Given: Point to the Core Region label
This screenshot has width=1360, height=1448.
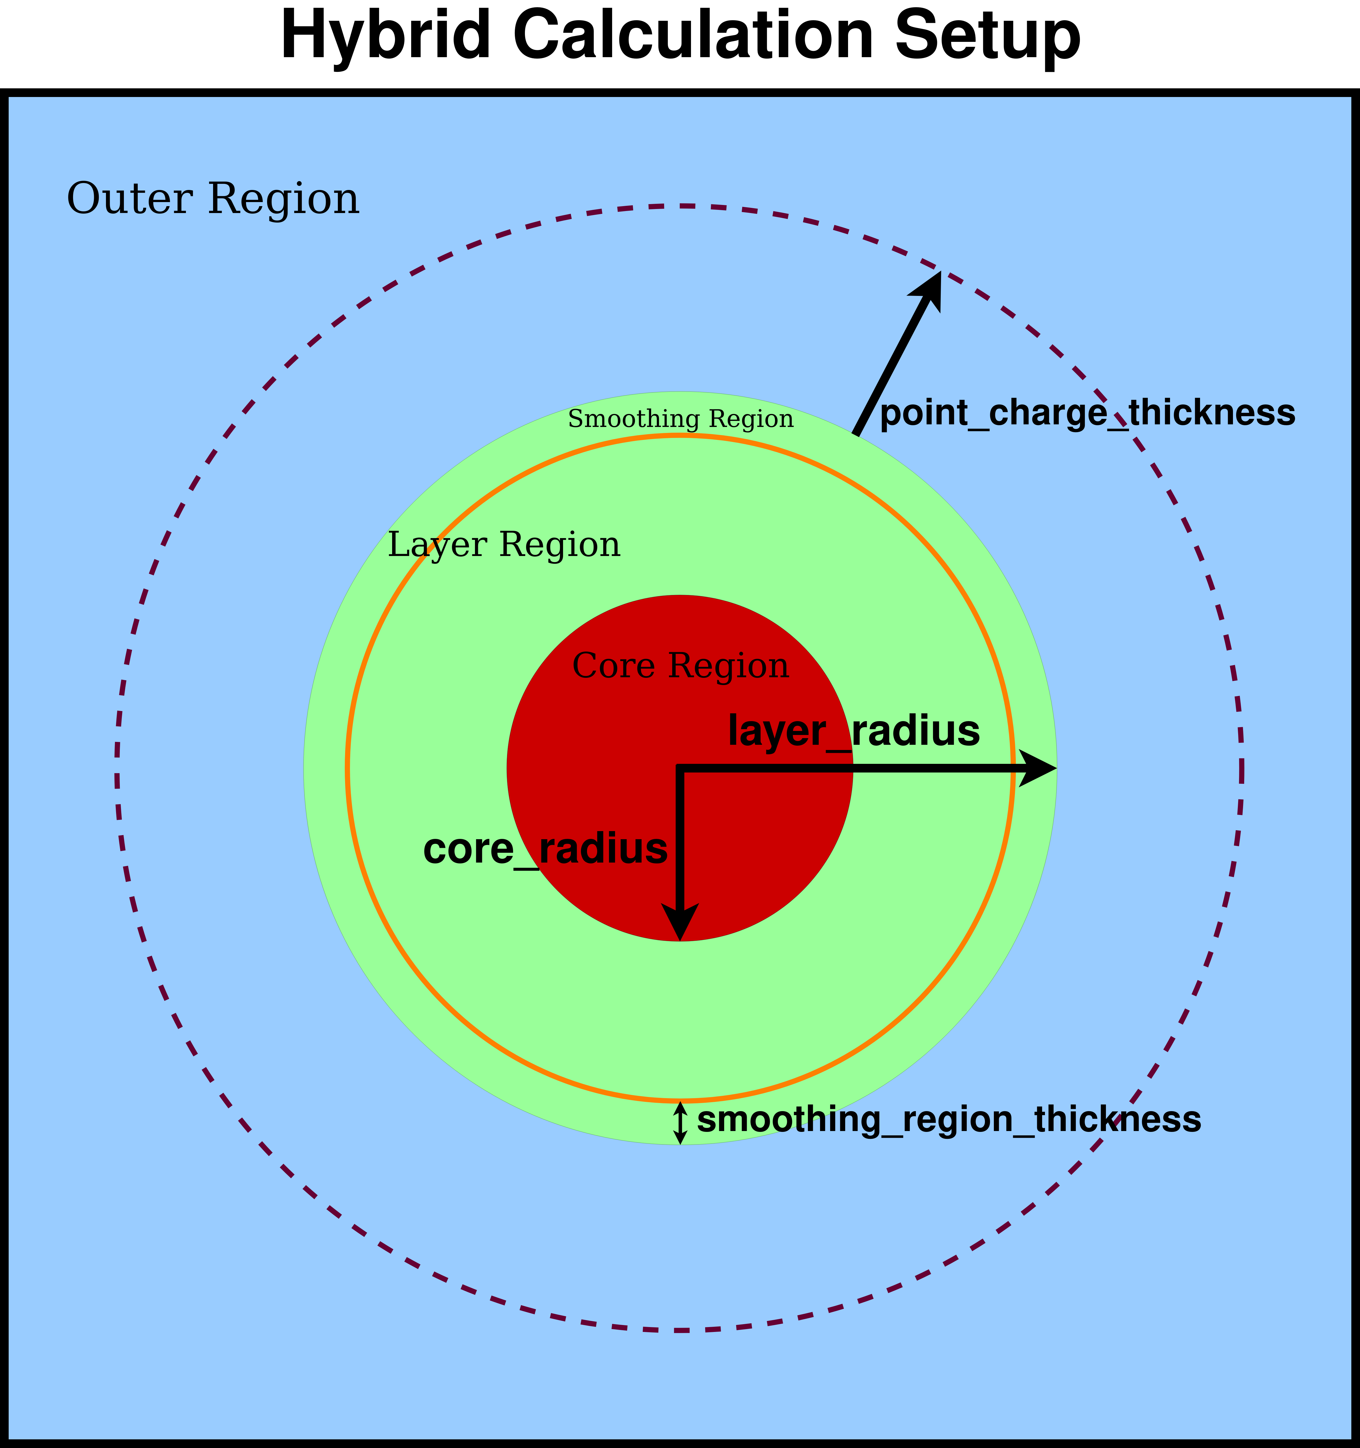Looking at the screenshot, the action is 680,666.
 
